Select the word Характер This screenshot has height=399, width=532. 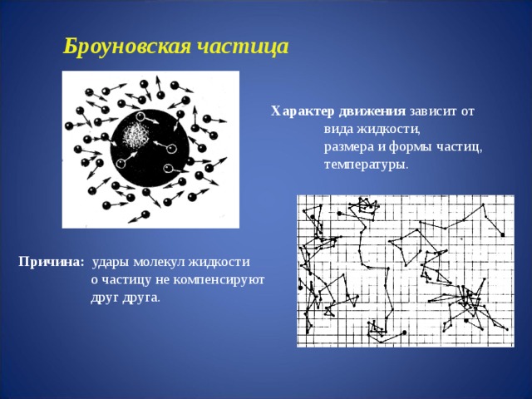tap(298, 111)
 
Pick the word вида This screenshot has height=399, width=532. tap(338, 129)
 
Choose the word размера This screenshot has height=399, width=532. tap(348, 147)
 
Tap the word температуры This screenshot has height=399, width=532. tap(366, 165)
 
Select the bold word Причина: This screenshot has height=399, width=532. tap(51, 263)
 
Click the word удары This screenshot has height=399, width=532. tap(111, 263)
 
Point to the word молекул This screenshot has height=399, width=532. tap(160, 263)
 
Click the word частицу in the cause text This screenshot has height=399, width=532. tap(126, 280)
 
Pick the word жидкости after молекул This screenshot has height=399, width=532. tap(219, 263)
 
